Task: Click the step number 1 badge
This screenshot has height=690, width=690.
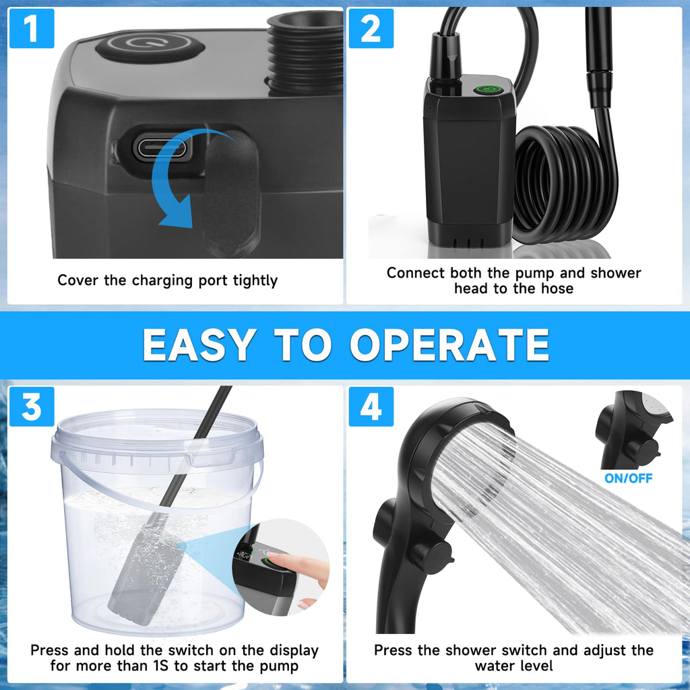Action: [x=32, y=28]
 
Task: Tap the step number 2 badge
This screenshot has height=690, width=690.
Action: [x=371, y=28]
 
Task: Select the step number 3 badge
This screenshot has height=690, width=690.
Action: [x=32, y=406]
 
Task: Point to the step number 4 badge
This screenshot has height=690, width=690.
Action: [x=371, y=406]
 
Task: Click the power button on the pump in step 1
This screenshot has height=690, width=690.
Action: [x=150, y=45]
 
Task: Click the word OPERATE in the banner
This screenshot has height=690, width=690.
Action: [x=449, y=345]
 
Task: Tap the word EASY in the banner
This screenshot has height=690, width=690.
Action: [x=199, y=345]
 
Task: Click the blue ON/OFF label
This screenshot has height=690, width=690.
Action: [x=629, y=478]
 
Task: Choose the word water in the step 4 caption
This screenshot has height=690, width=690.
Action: [x=493, y=666]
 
